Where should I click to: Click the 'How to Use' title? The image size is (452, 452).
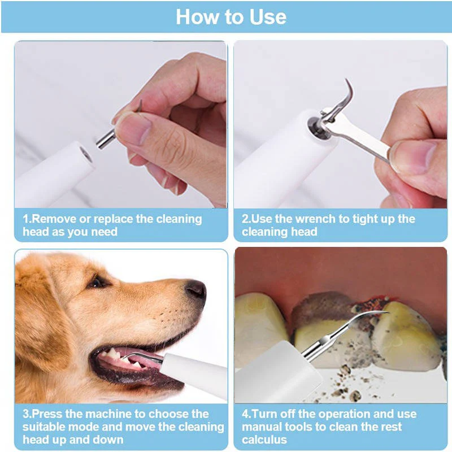click(231, 17)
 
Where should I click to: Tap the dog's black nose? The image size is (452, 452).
click(196, 289)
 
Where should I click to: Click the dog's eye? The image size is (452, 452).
click(97, 281)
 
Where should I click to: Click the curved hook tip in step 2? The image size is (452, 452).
click(348, 93)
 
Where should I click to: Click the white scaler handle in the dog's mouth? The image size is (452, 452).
click(192, 373)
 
